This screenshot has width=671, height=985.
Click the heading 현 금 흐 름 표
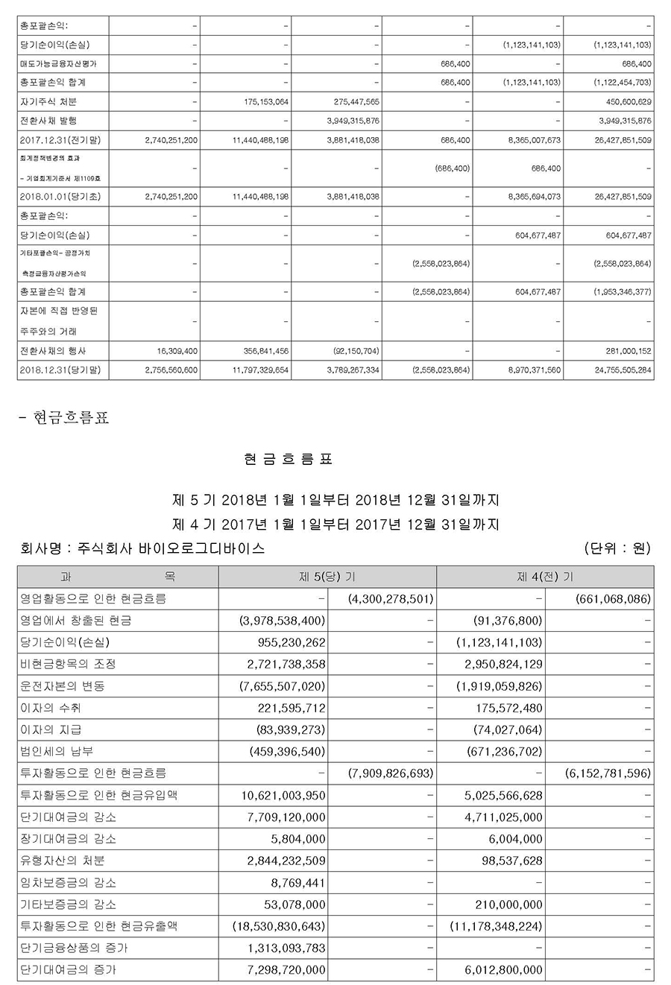click(288, 459)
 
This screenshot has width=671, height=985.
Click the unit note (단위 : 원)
click(618, 549)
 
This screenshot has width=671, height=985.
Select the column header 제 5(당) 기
click(327, 577)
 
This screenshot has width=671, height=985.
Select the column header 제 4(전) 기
click(545, 577)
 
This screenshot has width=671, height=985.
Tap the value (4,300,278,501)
click(391, 598)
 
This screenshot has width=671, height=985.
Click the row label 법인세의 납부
click(58, 752)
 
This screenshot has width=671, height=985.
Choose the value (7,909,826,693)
click(391, 773)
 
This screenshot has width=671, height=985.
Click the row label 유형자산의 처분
click(63, 861)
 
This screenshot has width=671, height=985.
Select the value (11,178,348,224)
click(496, 927)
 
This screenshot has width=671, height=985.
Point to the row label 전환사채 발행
click(48, 120)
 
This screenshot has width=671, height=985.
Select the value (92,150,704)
click(354, 350)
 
